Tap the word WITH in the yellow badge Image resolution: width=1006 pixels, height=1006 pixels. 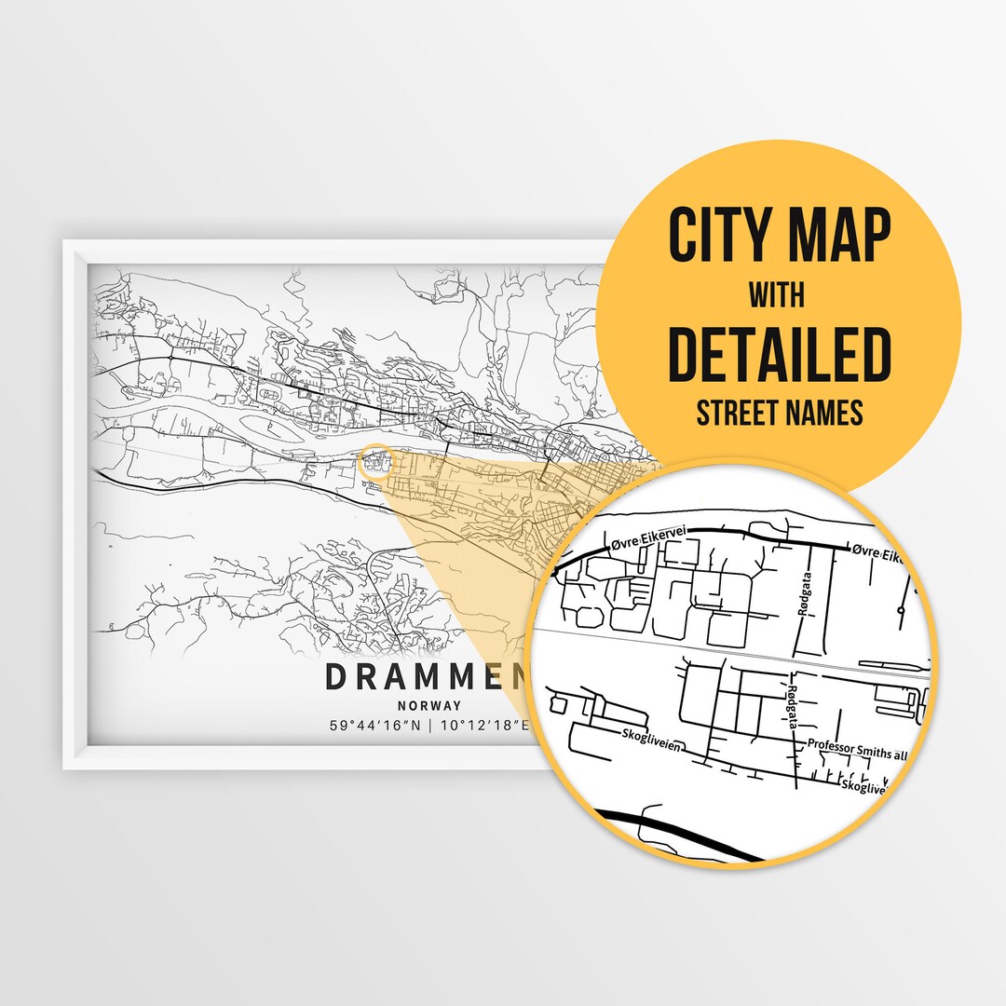tap(779, 295)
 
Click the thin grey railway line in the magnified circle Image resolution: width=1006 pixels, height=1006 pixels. tap(727, 645)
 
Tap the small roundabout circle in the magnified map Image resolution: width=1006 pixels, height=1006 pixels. tap(901, 610)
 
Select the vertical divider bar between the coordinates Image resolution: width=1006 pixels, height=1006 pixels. tap(430, 726)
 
